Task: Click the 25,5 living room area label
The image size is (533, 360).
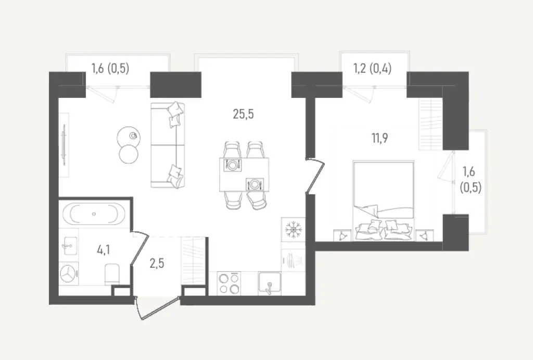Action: pyautogui.click(x=244, y=114)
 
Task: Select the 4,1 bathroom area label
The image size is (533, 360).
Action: pyautogui.click(x=103, y=250)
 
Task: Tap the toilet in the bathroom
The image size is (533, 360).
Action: pyautogui.click(x=112, y=273)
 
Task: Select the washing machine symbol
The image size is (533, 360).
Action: pyautogui.click(x=69, y=274)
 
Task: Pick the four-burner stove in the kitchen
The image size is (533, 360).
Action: pyautogui.click(x=230, y=284)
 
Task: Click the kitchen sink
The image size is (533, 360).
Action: pyautogui.click(x=270, y=284)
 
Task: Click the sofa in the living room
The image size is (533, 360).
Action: pyautogui.click(x=168, y=145)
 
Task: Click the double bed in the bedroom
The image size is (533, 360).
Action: pyautogui.click(x=384, y=201)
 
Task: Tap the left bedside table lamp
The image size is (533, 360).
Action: pyautogui.click(x=341, y=235)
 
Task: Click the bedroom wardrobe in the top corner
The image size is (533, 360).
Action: pyautogui.click(x=430, y=123)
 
